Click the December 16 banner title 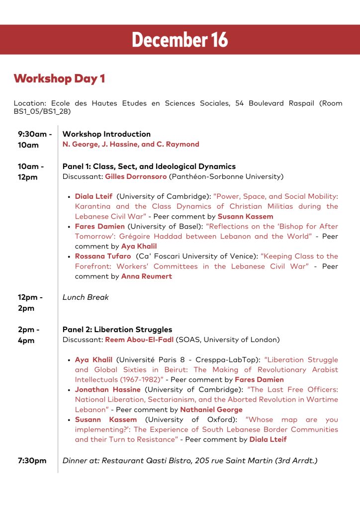click(x=180, y=40)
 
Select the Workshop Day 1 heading click(x=59, y=79)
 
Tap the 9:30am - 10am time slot click(x=35, y=140)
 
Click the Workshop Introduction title click(x=106, y=134)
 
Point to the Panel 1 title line click(x=149, y=167)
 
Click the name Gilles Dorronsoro click(x=136, y=176)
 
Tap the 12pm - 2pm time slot click(x=30, y=303)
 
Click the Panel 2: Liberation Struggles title click(x=117, y=330)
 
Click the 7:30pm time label click(x=32, y=461)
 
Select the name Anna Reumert click(x=147, y=276)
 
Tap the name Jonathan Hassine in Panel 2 click(x=107, y=390)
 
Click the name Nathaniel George click(x=211, y=410)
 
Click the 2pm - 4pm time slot click(x=29, y=335)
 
